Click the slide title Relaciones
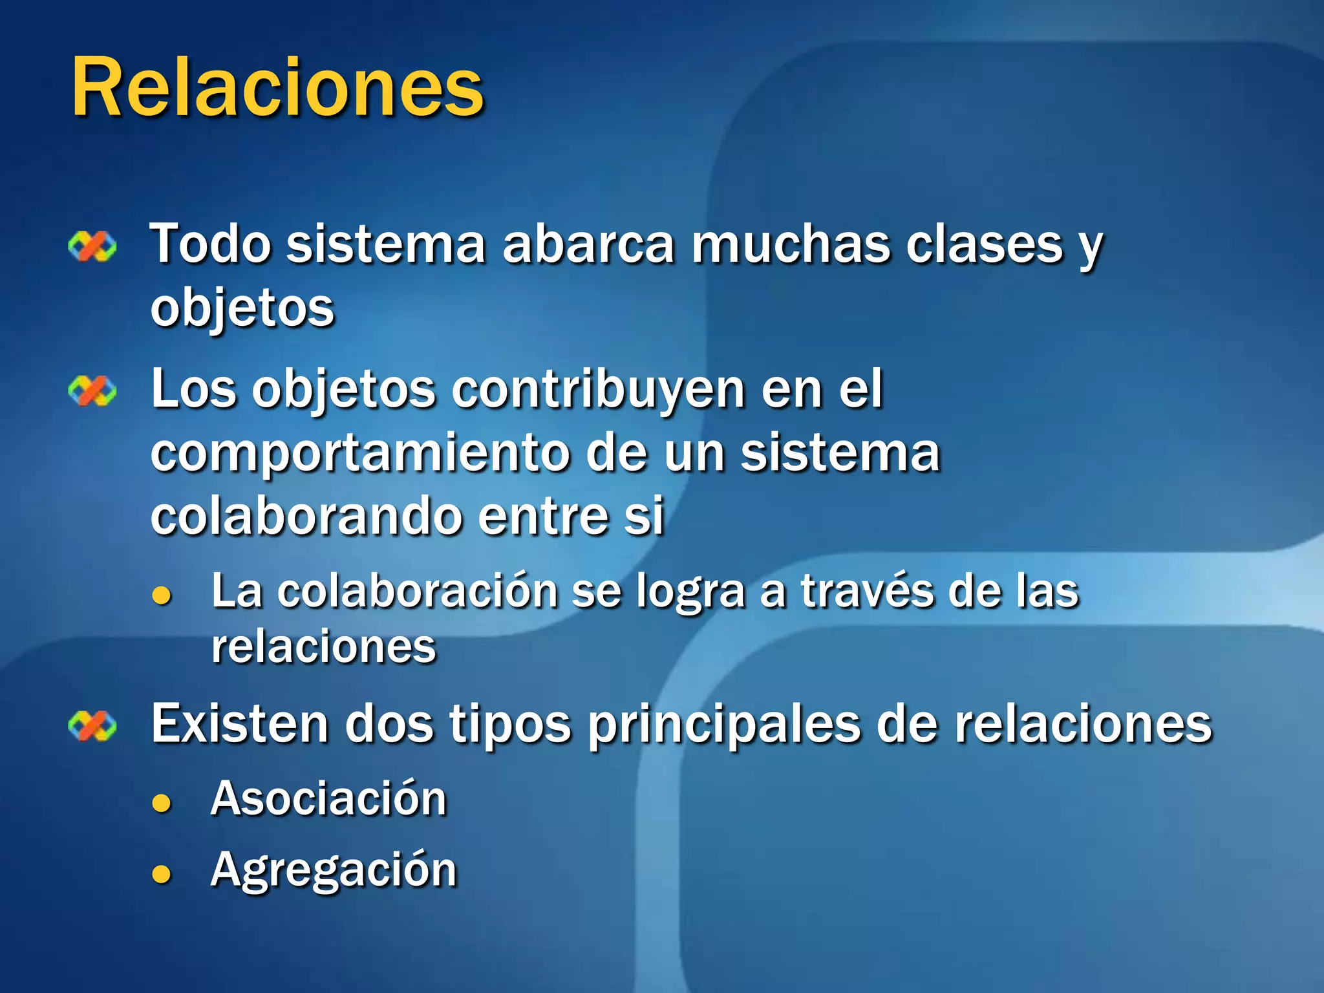pyautogui.click(x=278, y=87)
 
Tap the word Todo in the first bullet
pyautogui.click(x=210, y=244)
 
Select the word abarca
pyautogui.click(x=588, y=244)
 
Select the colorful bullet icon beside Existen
pyautogui.click(x=92, y=726)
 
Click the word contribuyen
pyautogui.click(x=598, y=390)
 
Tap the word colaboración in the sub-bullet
pyautogui.click(x=417, y=591)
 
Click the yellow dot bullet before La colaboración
pyautogui.click(x=161, y=595)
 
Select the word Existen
pyautogui.click(x=239, y=724)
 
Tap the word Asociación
pyautogui.click(x=328, y=798)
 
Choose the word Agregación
pyautogui.click(x=334, y=870)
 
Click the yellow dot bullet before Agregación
pyautogui.click(x=161, y=875)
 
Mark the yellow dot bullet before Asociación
pyautogui.click(x=161, y=803)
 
